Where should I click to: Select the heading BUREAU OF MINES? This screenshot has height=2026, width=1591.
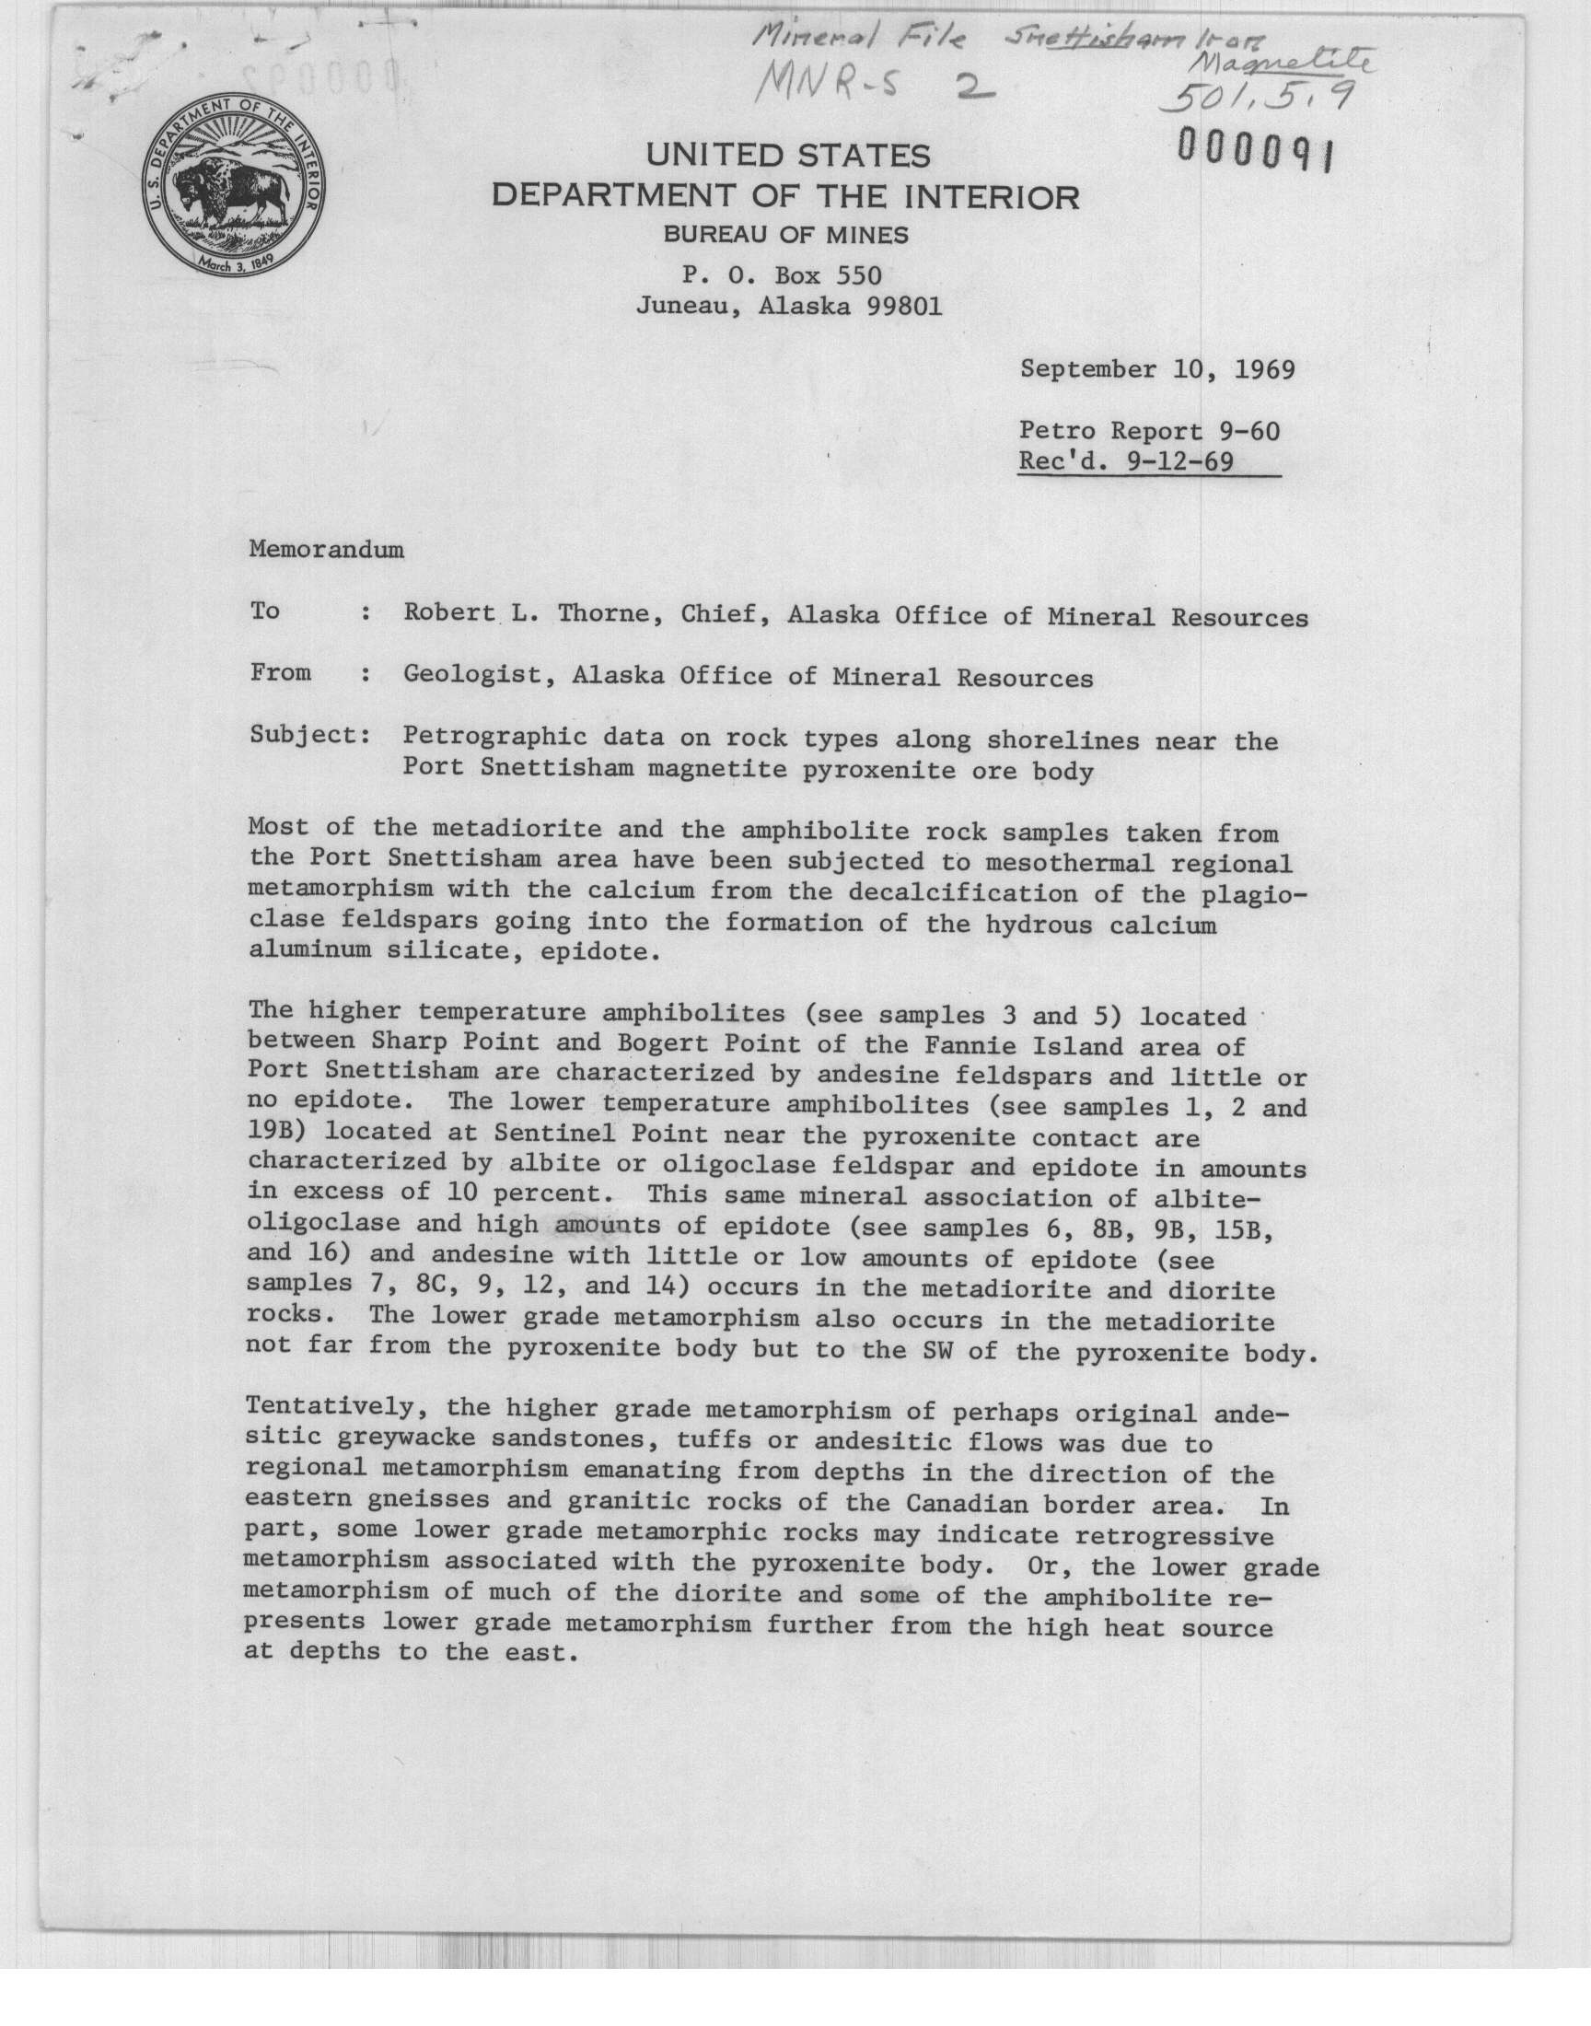[785, 236]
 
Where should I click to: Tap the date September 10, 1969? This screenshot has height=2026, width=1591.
[1157, 370]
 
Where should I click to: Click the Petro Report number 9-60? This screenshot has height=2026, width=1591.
[1250, 431]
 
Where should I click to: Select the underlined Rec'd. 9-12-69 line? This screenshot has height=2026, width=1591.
[1126, 461]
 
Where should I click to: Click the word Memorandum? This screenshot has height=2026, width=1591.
[326, 550]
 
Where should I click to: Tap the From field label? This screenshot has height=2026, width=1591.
[281, 672]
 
